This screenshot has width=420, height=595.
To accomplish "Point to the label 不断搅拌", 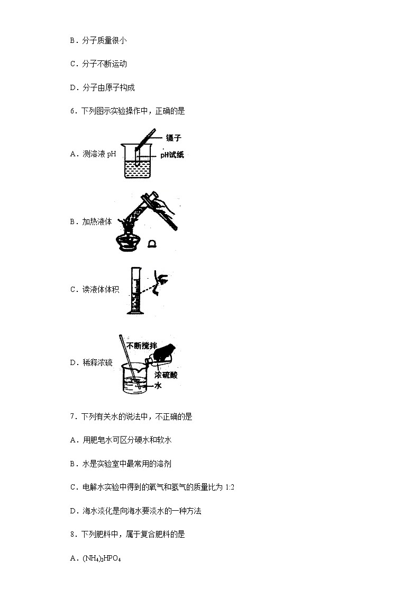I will [142, 345].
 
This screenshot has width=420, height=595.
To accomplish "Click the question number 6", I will [72, 111].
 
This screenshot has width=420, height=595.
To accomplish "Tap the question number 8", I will [72, 535].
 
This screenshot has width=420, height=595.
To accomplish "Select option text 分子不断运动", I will [104, 64].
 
